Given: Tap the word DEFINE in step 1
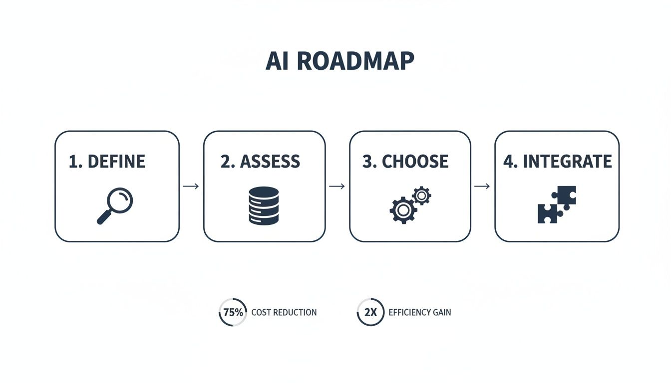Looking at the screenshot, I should (116, 162).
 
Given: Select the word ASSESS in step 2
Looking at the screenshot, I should (270, 162).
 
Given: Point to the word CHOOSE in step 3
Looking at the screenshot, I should (415, 162).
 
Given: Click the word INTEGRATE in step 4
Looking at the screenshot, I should (567, 162).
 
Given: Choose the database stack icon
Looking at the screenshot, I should (263, 205).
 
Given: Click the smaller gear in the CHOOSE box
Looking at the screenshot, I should (422, 195).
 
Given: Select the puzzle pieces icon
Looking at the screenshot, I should (557, 204).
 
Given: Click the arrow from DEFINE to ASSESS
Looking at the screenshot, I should (191, 187).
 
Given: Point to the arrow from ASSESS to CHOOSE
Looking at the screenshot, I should (337, 187).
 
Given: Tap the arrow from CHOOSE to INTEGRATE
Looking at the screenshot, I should (482, 187).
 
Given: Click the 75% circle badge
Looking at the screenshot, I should (233, 313).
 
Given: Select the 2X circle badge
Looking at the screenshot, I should (370, 313).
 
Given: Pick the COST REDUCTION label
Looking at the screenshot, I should (284, 313).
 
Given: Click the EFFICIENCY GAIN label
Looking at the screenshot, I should (419, 313).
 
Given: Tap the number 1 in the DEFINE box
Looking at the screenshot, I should (73, 162).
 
